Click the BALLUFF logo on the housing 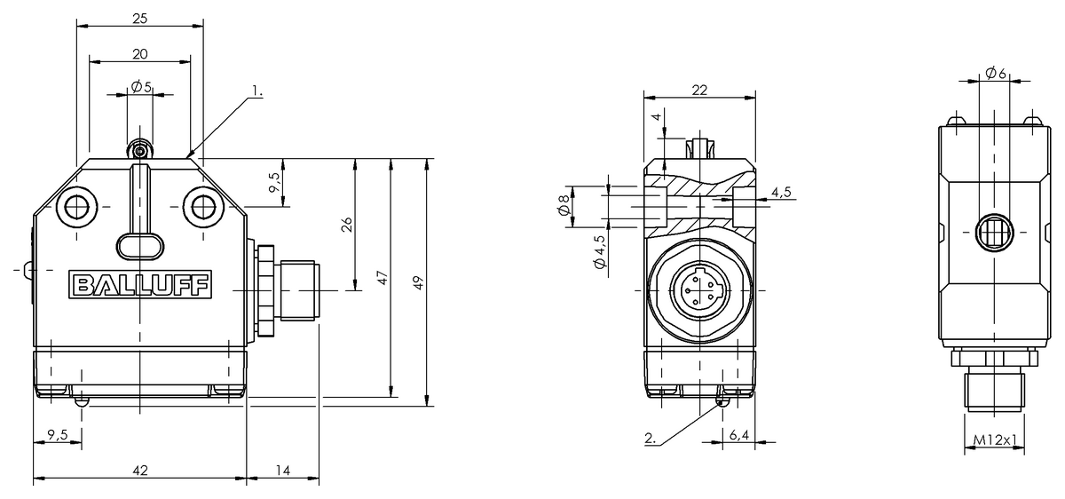click(140, 285)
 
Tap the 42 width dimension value click(140, 471)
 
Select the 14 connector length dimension click(283, 471)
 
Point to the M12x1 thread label click(995, 440)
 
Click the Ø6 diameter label click(996, 74)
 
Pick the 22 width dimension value click(699, 90)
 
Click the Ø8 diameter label click(564, 205)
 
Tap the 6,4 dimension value click(738, 435)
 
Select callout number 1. click(256, 91)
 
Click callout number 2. click(651, 438)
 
